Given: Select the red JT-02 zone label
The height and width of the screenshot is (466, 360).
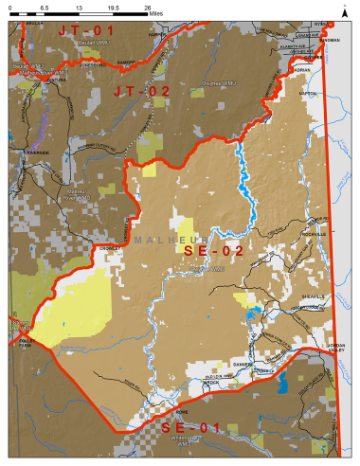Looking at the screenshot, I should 141,91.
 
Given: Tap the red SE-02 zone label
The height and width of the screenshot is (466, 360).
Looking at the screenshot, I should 213,251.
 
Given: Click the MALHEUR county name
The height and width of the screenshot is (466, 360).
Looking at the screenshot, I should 173,240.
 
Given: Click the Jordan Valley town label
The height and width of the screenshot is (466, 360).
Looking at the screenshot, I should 338,348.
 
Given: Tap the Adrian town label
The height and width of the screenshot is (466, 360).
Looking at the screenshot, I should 303,70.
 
